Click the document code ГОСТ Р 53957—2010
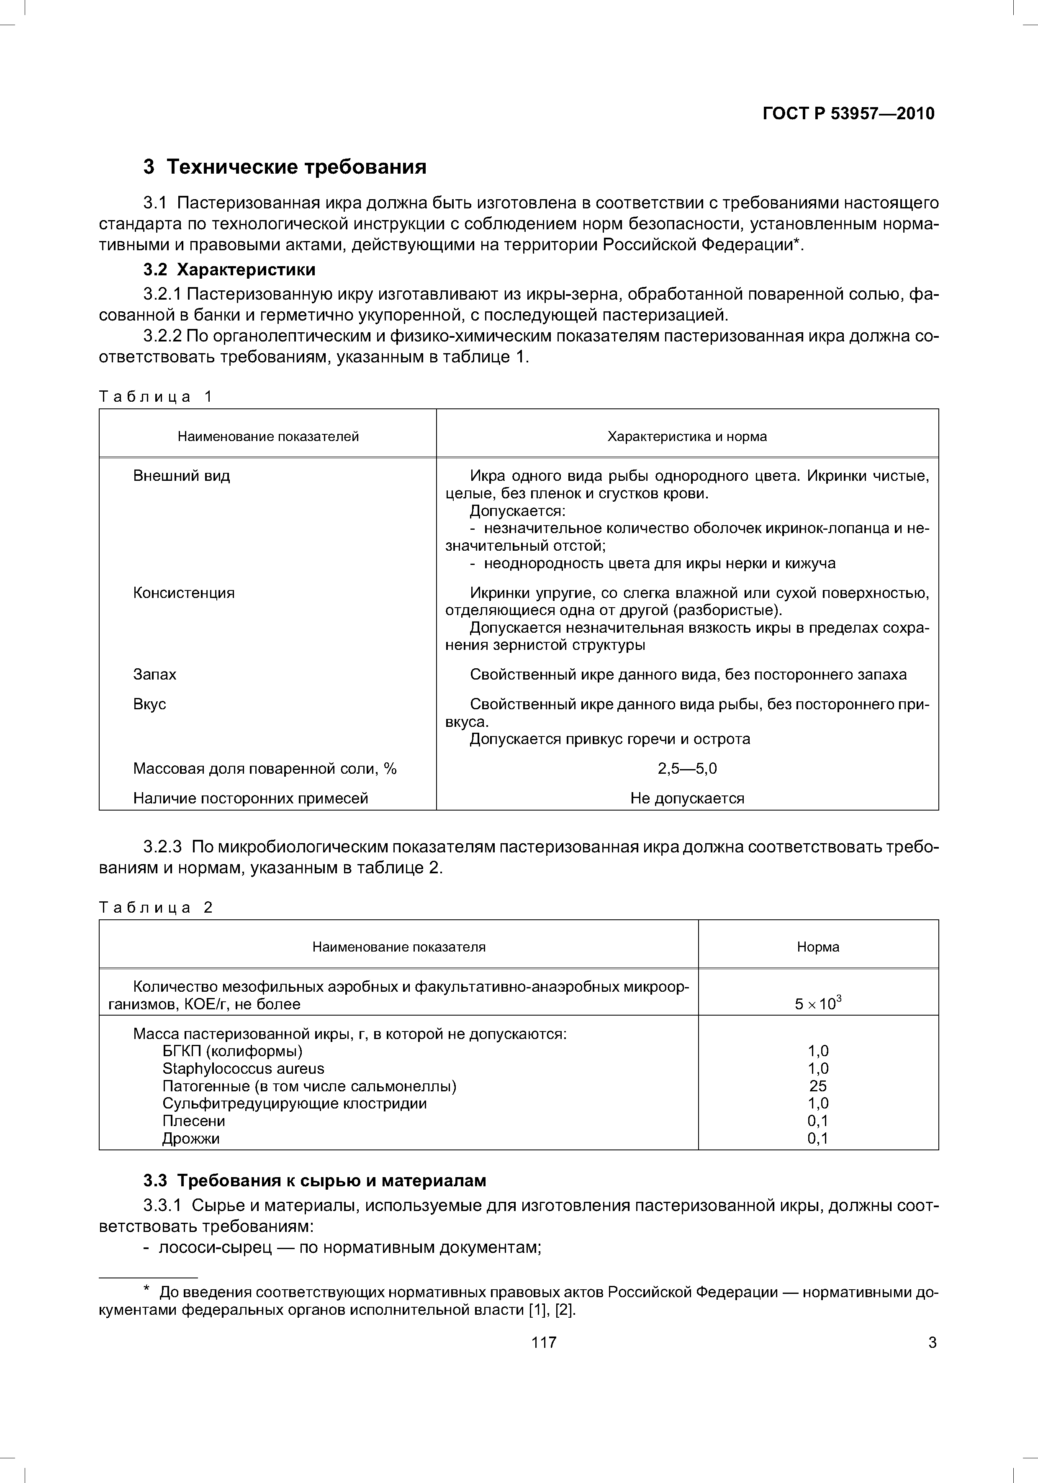click(x=848, y=114)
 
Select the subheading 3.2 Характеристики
click(x=229, y=269)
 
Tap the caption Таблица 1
click(x=155, y=397)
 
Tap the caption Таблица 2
click(x=155, y=908)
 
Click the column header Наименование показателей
click(x=268, y=436)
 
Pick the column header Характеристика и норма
click(x=686, y=436)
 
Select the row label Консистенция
click(x=183, y=593)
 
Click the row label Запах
click(x=154, y=674)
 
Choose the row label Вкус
click(x=149, y=704)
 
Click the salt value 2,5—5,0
click(x=686, y=769)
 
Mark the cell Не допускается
click(x=686, y=798)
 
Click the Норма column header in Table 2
click(x=818, y=947)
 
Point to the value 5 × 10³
click(x=818, y=1004)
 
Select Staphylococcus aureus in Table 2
click(x=243, y=1068)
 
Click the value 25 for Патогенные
click(x=818, y=1086)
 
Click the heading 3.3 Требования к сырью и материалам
click(x=315, y=1181)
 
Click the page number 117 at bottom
click(x=543, y=1343)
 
